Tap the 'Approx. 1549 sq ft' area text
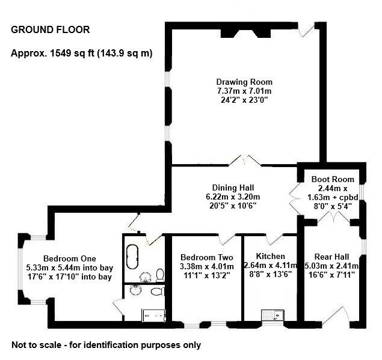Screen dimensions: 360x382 (81, 53)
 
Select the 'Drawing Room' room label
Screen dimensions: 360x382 (244, 82)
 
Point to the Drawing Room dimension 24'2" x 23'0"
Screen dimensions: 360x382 (244, 100)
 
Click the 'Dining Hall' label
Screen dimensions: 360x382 (236, 187)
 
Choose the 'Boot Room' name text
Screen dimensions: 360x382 (333, 179)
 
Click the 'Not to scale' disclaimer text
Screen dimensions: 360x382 (106, 346)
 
